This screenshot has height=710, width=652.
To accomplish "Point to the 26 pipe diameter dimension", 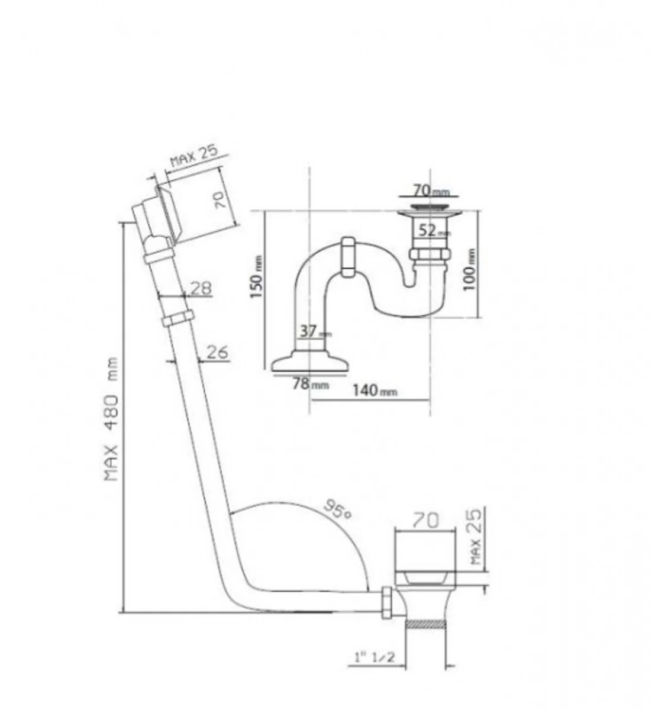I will coord(216,352).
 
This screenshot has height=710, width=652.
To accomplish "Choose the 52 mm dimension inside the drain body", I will coord(431,231).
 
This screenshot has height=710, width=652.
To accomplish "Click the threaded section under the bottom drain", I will coord(425,624).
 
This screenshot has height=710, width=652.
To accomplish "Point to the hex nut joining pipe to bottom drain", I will coord(388,603).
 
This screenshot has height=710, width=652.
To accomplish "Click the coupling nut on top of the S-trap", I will coord(347,257).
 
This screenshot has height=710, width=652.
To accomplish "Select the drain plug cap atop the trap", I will coord(428,208).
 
